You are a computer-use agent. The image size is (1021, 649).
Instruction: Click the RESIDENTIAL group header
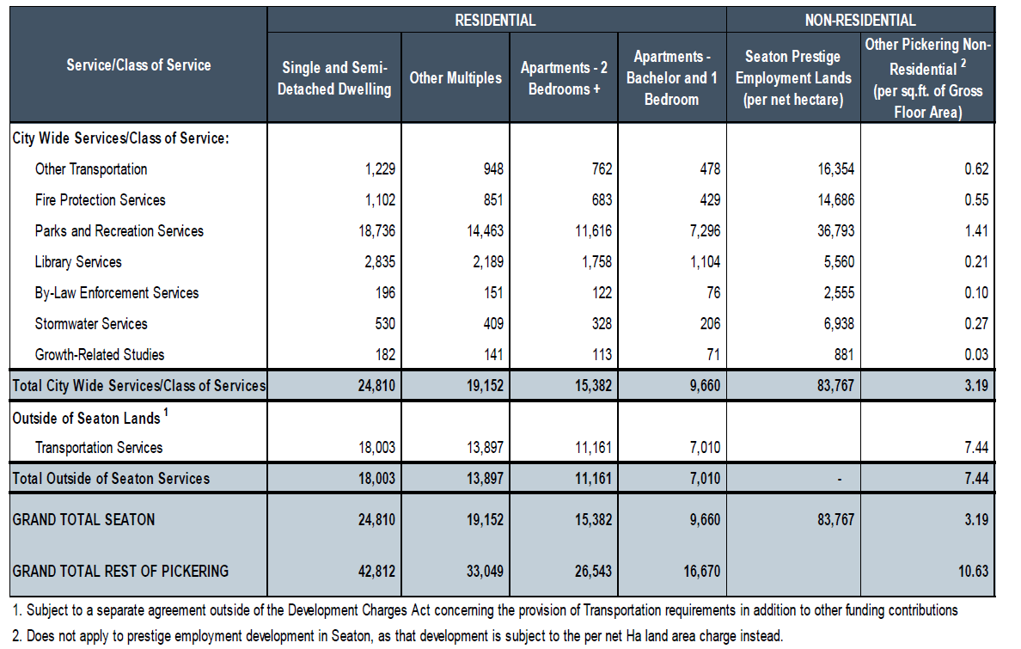(x=495, y=20)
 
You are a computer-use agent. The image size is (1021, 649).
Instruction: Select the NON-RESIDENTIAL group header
(x=860, y=20)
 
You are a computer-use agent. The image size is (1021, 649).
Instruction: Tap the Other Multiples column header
(x=455, y=78)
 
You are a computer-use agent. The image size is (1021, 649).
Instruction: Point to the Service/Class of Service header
(x=138, y=65)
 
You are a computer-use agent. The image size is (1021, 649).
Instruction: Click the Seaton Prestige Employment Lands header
(x=793, y=78)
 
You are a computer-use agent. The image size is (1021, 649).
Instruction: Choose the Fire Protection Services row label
(x=101, y=200)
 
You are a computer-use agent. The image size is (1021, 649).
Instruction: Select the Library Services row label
(x=78, y=262)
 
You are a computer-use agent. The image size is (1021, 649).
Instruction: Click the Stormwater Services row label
(x=91, y=324)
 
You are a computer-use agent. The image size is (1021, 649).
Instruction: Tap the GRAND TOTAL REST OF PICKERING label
(x=120, y=572)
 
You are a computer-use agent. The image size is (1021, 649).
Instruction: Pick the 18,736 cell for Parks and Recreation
(x=376, y=231)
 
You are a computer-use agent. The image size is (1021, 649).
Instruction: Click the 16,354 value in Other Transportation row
(x=836, y=169)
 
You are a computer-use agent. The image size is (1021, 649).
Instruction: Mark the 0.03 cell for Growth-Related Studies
(x=976, y=355)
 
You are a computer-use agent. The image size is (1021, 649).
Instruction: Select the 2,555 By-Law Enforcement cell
(x=839, y=293)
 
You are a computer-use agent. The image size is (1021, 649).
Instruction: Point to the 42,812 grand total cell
(x=376, y=572)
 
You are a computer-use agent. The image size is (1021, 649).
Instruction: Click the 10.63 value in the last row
(x=973, y=572)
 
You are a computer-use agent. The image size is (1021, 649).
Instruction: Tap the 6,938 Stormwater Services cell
(x=839, y=324)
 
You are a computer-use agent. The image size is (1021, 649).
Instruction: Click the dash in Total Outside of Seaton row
(x=840, y=480)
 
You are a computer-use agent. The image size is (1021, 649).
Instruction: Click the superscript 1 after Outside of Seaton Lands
(x=166, y=412)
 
